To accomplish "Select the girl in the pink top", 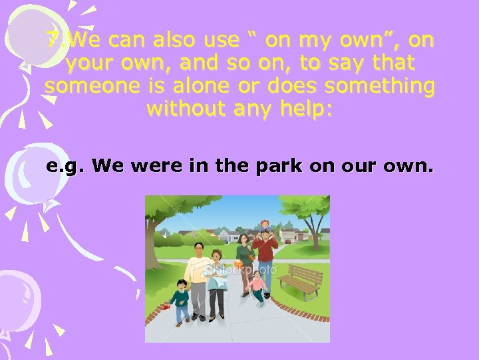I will coord(257,287).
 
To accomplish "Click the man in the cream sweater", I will coord(198,277).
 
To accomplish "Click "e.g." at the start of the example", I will coord(65,165).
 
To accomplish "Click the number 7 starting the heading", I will coord(52,41).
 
